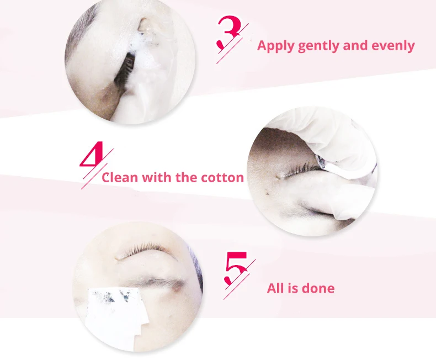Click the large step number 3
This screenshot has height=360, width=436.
229,32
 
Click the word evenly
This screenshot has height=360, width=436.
393,46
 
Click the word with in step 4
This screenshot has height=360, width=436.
157,177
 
